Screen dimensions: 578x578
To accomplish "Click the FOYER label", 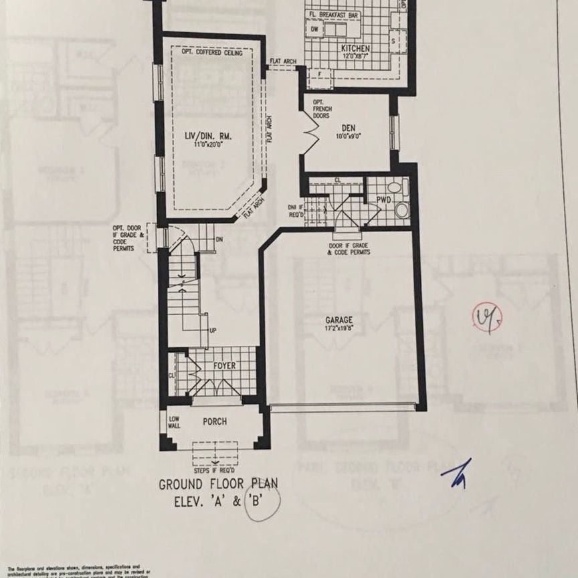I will click(x=225, y=366).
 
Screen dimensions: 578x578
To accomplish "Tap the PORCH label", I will click(x=215, y=421).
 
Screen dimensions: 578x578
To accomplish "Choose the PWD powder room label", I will click(x=383, y=200).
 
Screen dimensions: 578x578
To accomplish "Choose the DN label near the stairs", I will click(x=218, y=240).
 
